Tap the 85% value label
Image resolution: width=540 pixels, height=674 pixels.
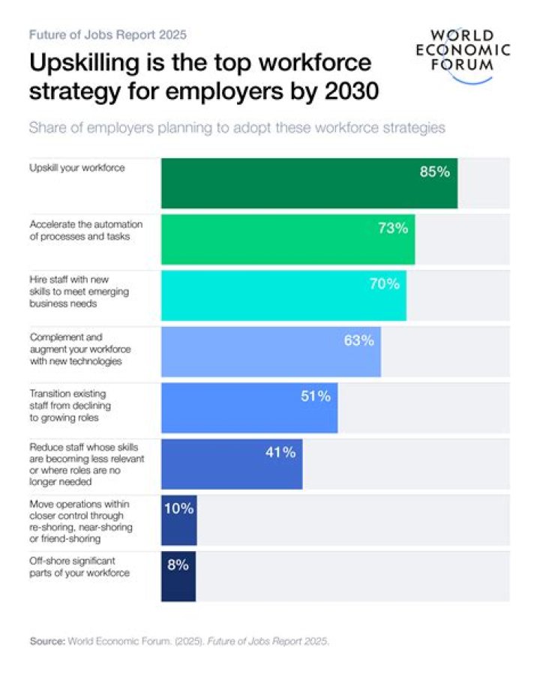click(434, 172)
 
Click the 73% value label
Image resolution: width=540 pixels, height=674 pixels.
click(393, 229)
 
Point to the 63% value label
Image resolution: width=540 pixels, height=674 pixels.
click(358, 341)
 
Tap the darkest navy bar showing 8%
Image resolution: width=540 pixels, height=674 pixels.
click(178, 577)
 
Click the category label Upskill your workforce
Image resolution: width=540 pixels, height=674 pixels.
click(76, 168)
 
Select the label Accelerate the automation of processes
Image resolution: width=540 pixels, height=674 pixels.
click(85, 230)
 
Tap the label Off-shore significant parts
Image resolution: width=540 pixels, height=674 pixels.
click(79, 567)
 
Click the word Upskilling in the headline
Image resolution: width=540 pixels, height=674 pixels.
click(82, 63)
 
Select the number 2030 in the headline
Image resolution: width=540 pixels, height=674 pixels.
click(345, 92)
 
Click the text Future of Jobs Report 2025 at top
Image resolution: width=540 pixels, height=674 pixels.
click(107, 34)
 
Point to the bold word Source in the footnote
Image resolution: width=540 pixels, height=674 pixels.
click(46, 642)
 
